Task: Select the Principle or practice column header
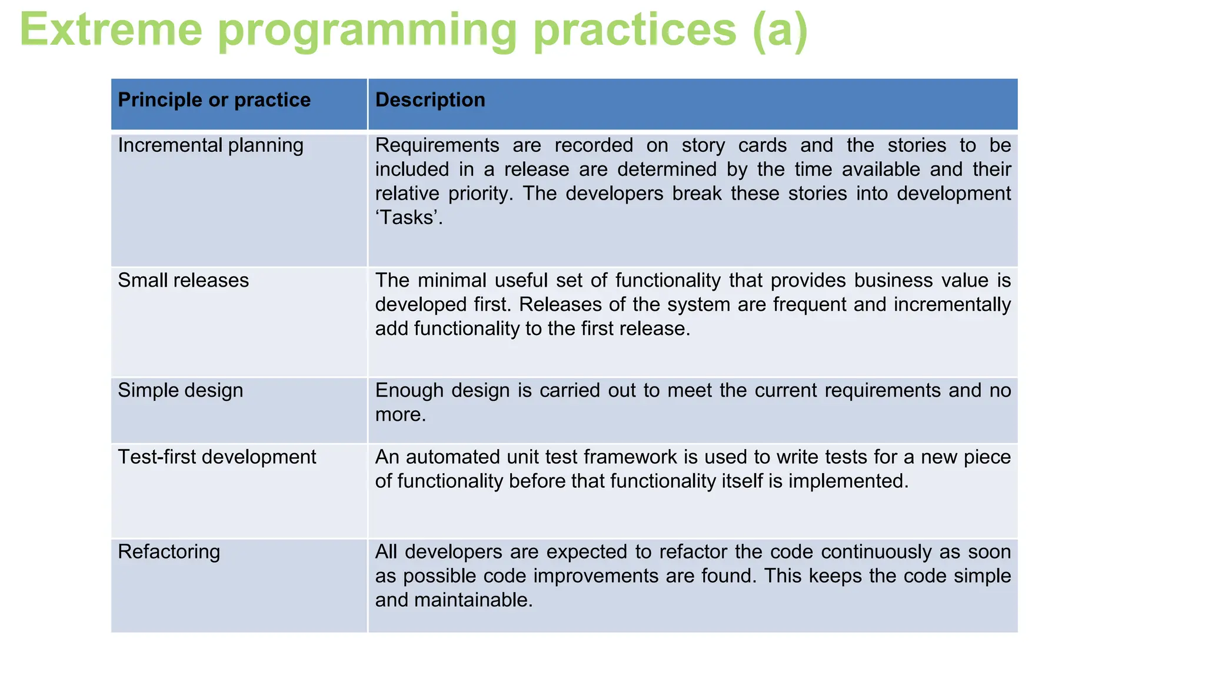pyautogui.click(x=214, y=100)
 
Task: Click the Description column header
pyautogui.click(x=430, y=100)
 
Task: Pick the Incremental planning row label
pyautogui.click(x=211, y=145)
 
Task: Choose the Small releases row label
pyautogui.click(x=183, y=280)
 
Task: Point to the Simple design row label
pyautogui.click(x=180, y=390)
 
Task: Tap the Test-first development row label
pyautogui.click(x=217, y=457)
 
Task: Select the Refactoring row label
pyautogui.click(x=169, y=551)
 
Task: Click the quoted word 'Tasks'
pyautogui.click(x=408, y=218)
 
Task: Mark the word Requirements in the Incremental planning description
pyautogui.click(x=437, y=145)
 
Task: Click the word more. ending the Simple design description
pyautogui.click(x=400, y=414)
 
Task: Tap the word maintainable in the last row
pyautogui.click(x=473, y=600)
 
